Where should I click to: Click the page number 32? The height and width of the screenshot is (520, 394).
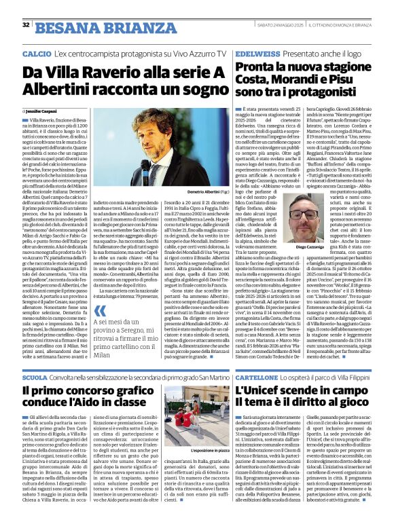[x=25, y=25]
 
